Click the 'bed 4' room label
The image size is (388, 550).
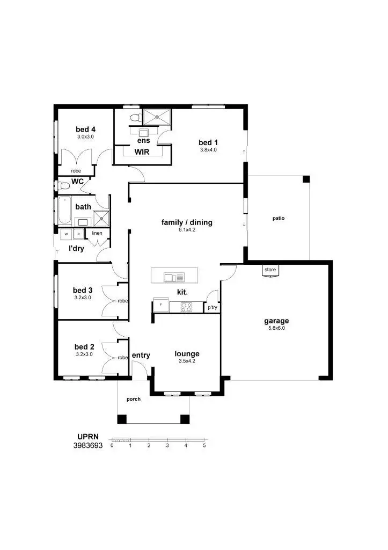(x=85, y=129)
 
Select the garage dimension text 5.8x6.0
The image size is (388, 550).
(x=276, y=328)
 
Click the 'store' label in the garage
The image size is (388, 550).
(x=269, y=270)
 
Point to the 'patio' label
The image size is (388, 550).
(x=278, y=219)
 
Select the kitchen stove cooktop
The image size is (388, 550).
(x=187, y=307)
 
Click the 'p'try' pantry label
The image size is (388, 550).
(x=213, y=307)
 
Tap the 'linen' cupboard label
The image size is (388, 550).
(x=97, y=233)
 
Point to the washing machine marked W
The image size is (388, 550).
(x=65, y=234)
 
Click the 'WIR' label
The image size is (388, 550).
(x=141, y=152)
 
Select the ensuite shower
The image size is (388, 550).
(x=158, y=116)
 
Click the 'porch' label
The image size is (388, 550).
(x=133, y=400)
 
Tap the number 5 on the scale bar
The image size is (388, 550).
(x=204, y=446)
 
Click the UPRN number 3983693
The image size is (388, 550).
(x=87, y=446)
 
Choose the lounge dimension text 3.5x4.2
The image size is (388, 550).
(x=187, y=361)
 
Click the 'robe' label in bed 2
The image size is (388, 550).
(x=122, y=357)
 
